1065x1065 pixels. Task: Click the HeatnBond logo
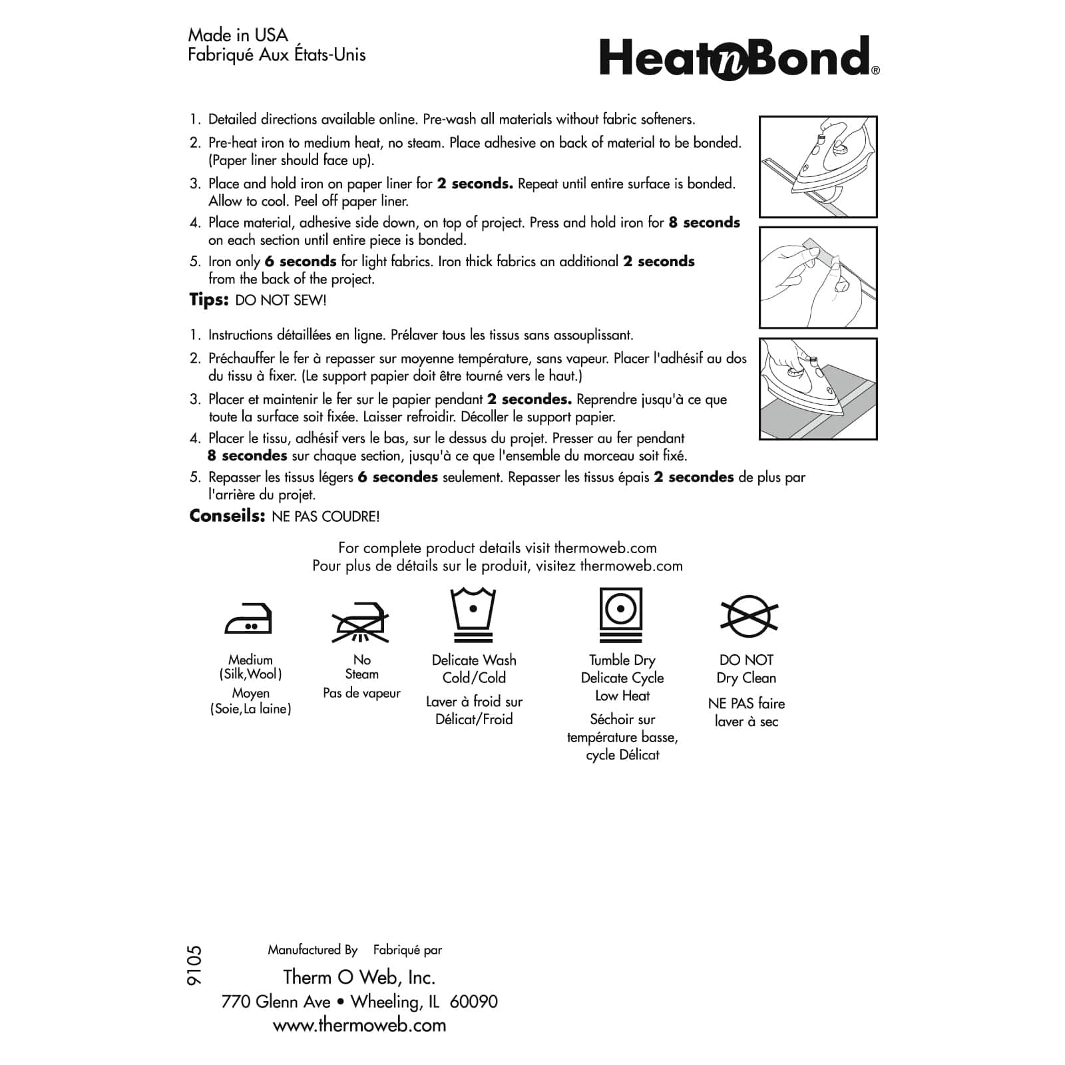click(739, 58)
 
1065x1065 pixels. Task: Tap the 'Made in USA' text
click(238, 35)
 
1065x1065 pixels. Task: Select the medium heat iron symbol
click(249, 620)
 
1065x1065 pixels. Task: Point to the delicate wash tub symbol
click(473, 614)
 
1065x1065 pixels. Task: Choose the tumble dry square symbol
click(621, 614)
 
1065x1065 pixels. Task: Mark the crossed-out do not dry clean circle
click(749, 616)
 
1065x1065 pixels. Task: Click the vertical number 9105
click(195, 966)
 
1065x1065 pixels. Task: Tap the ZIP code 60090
click(473, 1002)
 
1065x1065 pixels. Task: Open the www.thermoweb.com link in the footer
click(359, 1025)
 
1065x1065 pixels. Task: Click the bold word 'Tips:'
click(209, 300)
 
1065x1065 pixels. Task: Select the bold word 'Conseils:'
click(228, 517)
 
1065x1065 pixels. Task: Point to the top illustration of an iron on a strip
click(818, 167)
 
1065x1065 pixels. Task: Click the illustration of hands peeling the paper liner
click(818, 278)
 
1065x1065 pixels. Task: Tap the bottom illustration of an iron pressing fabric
click(818, 389)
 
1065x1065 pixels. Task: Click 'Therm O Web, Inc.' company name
click(359, 977)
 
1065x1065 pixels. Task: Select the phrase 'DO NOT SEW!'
click(281, 301)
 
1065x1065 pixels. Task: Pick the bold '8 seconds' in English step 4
click(704, 223)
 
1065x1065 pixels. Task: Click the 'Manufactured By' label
click(312, 950)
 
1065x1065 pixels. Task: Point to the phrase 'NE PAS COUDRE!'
click(325, 517)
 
